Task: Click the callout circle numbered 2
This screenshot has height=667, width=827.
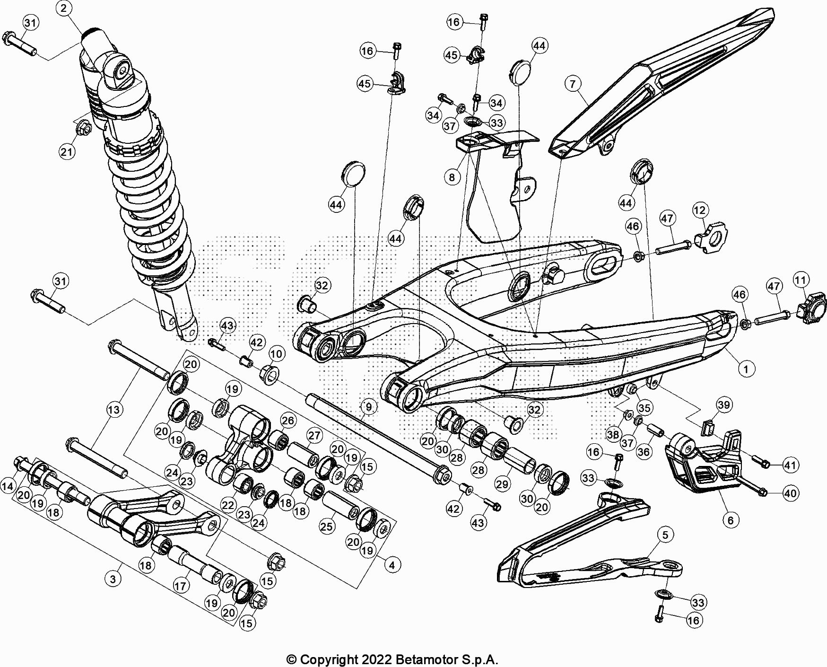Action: pos(64,8)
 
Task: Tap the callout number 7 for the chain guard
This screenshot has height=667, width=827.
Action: pos(573,84)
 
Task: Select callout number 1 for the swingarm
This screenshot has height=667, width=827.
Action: pos(746,369)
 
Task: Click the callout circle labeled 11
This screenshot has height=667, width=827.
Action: pos(800,281)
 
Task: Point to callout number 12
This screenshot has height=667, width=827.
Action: pos(700,210)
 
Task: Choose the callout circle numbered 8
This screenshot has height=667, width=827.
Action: pos(452,177)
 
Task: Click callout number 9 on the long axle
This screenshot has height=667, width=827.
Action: pos(369,406)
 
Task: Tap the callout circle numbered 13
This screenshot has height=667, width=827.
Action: pos(114,410)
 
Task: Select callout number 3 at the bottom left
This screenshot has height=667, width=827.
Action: pos(113,579)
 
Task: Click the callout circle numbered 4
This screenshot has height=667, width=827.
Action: pos(392,564)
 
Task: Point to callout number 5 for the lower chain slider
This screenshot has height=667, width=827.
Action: pos(665,535)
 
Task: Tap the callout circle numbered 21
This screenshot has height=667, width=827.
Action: pos(67,152)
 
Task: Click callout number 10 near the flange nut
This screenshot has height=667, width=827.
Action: pos(276,354)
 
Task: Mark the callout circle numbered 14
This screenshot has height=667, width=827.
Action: pos(8,486)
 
